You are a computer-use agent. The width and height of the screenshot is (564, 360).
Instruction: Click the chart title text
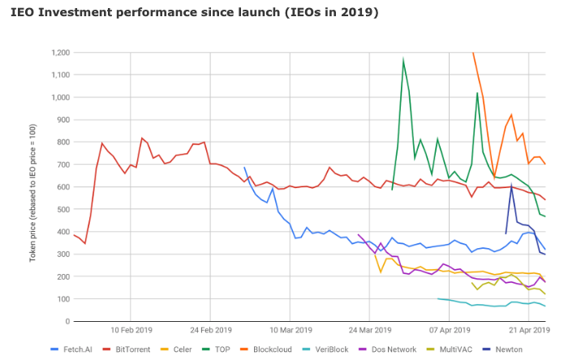(195, 13)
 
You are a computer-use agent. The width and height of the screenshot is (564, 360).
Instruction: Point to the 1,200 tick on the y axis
(58, 53)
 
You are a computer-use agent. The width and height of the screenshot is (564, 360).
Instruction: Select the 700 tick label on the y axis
(62, 165)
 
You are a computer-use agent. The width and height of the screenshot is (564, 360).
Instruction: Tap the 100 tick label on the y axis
(62, 299)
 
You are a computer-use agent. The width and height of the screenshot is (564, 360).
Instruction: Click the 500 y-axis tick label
(62, 209)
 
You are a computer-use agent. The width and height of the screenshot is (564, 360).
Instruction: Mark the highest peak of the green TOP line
(403, 59)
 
